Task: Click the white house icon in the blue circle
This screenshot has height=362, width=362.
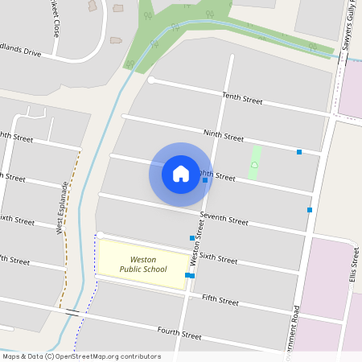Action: (x=181, y=173)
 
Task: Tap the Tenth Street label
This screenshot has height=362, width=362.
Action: (x=242, y=99)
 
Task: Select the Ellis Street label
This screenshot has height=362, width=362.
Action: (x=356, y=261)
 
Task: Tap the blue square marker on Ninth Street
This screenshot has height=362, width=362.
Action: (x=299, y=151)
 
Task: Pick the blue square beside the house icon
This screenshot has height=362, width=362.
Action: (x=205, y=180)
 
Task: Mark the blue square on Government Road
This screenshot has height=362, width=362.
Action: (x=309, y=210)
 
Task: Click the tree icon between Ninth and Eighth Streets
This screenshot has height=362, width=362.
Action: (x=254, y=164)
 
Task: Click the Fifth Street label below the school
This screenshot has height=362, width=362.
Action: (x=220, y=300)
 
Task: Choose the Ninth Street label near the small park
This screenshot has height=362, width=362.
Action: (x=224, y=136)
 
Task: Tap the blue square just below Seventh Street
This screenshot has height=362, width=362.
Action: (x=192, y=238)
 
